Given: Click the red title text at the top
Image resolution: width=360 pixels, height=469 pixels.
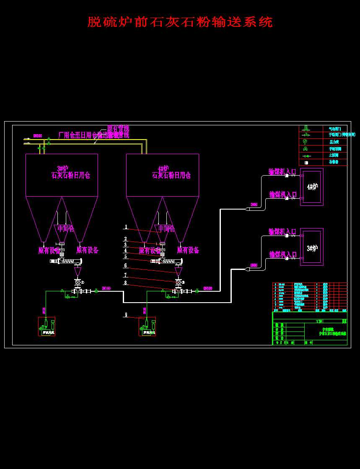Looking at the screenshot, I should click(x=180, y=22).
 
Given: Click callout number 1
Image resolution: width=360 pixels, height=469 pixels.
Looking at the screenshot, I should click(x=126, y=227).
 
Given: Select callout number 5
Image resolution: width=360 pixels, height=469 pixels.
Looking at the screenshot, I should click(x=126, y=256).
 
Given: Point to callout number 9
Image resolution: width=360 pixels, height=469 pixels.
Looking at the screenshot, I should click(x=126, y=314).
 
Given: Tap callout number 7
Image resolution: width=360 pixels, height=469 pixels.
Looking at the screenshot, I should click(x=126, y=275).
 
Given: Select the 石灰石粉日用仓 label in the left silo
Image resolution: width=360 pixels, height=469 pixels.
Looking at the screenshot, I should click(x=70, y=176).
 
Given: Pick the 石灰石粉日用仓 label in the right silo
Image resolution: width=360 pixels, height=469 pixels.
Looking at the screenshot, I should click(x=171, y=176).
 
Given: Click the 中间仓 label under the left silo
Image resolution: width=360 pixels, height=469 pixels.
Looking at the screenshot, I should click(x=66, y=228).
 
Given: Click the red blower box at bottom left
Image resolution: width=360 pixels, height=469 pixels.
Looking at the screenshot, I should click(x=47, y=326).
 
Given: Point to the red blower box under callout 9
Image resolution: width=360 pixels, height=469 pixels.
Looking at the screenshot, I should click(x=147, y=326).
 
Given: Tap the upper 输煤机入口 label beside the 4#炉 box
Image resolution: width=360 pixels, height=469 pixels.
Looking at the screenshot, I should click(x=282, y=171).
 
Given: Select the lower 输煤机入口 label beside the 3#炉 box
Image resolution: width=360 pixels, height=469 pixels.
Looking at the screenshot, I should click(x=282, y=254).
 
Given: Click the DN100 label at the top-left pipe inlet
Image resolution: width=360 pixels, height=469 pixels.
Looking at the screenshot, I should click(x=37, y=136).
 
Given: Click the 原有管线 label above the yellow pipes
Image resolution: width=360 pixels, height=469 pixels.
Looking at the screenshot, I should click(x=118, y=128).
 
